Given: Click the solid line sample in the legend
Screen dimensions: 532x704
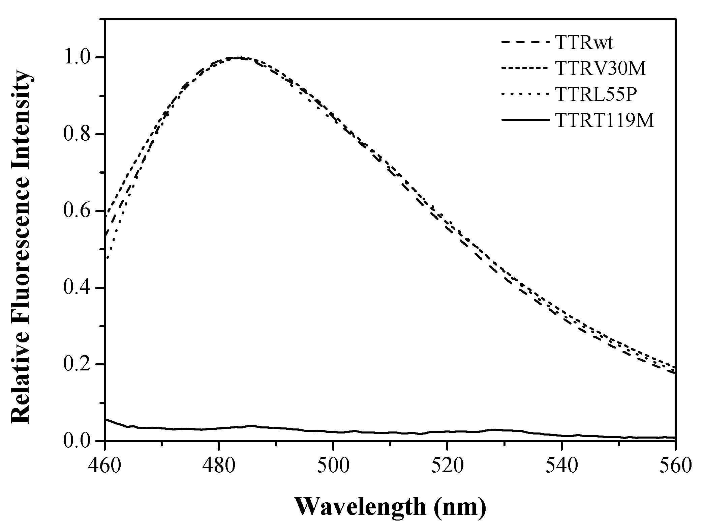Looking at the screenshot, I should pyautogui.click(x=523, y=120).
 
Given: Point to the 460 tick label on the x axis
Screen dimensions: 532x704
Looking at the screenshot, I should pyautogui.click(x=105, y=466).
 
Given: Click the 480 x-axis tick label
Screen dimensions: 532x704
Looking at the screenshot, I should pyautogui.click(x=219, y=466).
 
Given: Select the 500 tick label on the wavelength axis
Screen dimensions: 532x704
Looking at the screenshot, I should pyautogui.click(x=333, y=466).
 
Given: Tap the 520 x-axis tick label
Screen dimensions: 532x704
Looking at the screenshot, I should pyautogui.click(x=447, y=466).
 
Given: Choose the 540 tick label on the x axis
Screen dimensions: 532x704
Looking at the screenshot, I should pyautogui.click(x=561, y=466).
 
